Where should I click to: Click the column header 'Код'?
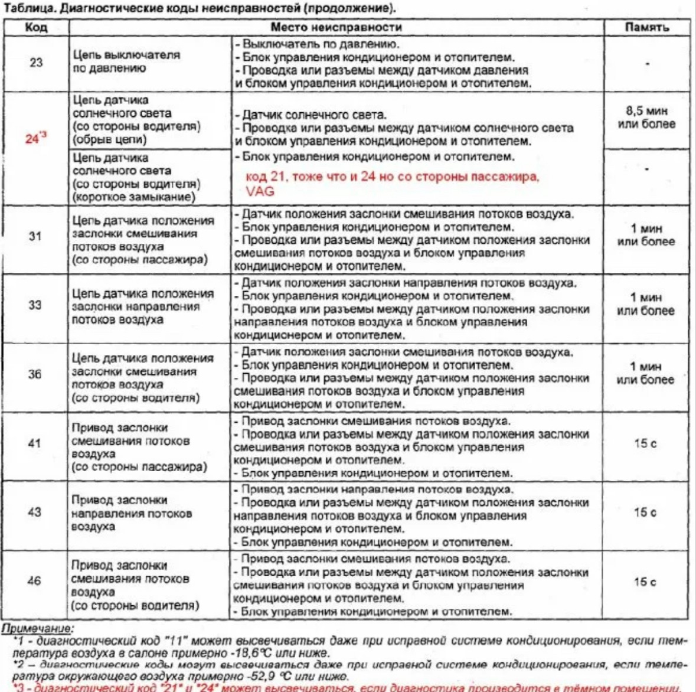(36, 27)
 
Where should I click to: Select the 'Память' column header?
(647, 27)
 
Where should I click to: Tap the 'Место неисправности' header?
(336, 27)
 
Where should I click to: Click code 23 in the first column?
(36, 62)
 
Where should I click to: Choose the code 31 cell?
(35, 237)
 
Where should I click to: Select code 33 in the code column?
(35, 305)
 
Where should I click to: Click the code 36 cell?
(35, 374)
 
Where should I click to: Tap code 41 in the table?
(35, 443)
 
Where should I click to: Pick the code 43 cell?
(35, 511)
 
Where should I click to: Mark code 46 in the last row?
(35, 580)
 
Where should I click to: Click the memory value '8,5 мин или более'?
(646, 117)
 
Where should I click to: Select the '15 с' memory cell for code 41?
(645, 443)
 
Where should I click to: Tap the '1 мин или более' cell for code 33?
(645, 304)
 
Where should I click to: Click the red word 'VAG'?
(260, 191)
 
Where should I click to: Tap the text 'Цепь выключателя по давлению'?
(126, 61)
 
